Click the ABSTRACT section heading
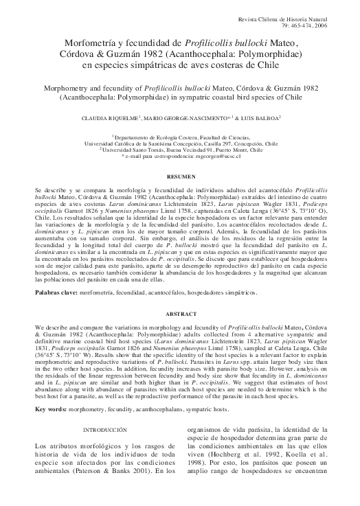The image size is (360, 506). pos(180,308)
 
